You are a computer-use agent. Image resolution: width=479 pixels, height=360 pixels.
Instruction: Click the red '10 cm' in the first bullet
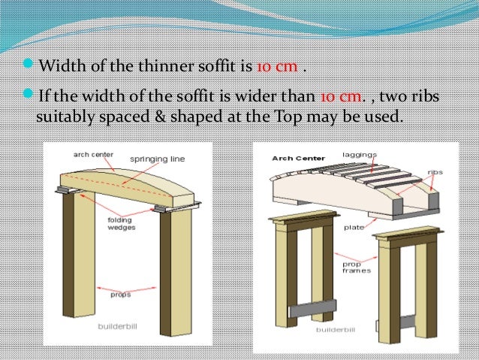pos(276,65)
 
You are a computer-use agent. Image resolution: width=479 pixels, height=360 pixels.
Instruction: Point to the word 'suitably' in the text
pos(62,118)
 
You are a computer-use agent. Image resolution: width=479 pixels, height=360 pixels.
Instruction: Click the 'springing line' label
pos(157,159)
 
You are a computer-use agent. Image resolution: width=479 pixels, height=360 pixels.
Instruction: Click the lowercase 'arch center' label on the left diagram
pos(94,154)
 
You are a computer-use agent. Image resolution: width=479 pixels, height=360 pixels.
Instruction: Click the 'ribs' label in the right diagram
pos(435,171)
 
